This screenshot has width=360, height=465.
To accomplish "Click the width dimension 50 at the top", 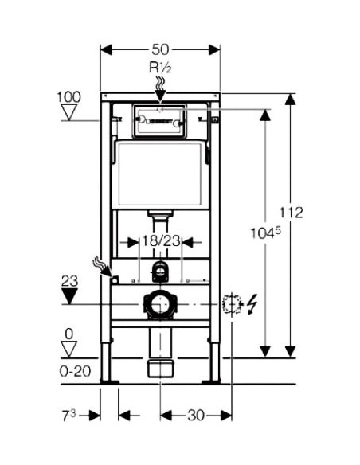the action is click(160, 49).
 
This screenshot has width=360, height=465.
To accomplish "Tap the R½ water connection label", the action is click(160, 68).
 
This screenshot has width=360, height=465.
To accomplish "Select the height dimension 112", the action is click(292, 213).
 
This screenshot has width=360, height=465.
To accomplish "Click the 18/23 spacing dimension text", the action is click(161, 241).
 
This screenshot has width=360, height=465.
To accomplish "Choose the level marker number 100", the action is click(68, 97).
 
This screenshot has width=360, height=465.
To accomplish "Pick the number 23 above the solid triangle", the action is click(69, 281).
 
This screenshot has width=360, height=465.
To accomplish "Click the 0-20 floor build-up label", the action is click(76, 371).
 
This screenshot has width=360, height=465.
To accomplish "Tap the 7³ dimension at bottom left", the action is click(68, 416).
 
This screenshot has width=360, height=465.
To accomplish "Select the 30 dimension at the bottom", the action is click(196, 416).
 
